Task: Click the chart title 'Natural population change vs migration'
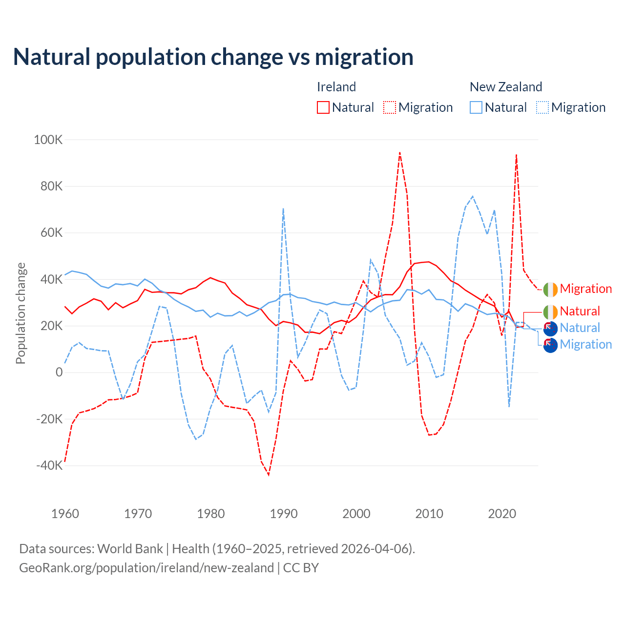coord(213,57)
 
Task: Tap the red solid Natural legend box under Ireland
coord(323,107)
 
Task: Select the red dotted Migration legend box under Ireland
coord(390,107)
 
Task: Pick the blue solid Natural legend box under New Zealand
coord(476,107)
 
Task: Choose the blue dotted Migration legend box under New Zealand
coord(542,107)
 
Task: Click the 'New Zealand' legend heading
coord(506,87)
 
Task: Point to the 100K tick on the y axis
coord(48,140)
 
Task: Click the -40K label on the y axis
coord(50,465)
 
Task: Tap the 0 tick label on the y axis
coord(59,373)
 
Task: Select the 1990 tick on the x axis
coord(284,514)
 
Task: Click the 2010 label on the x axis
coord(429,514)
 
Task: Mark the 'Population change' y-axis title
coord(21,313)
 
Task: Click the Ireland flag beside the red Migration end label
coord(550,289)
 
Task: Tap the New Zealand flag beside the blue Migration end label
coord(550,345)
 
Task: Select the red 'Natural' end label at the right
coord(580,311)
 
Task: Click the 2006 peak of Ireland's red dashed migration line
coord(400,152)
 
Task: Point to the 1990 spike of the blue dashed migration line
coord(283,209)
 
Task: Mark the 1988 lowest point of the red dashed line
coord(269,474)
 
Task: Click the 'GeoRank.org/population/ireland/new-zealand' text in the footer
coord(146,568)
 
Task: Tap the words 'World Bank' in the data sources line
coord(130,548)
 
